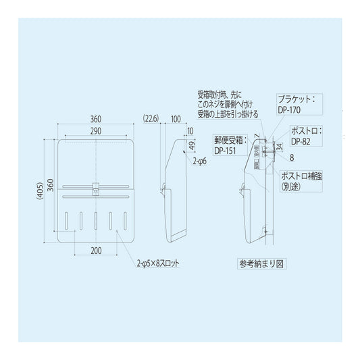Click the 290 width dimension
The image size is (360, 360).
pos(97,130)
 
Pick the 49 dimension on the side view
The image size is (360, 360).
pos(191,145)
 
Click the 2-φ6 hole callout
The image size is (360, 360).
pos(200,163)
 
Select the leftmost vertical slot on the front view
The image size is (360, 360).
pos(68,221)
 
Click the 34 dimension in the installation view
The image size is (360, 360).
pos(279,146)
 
